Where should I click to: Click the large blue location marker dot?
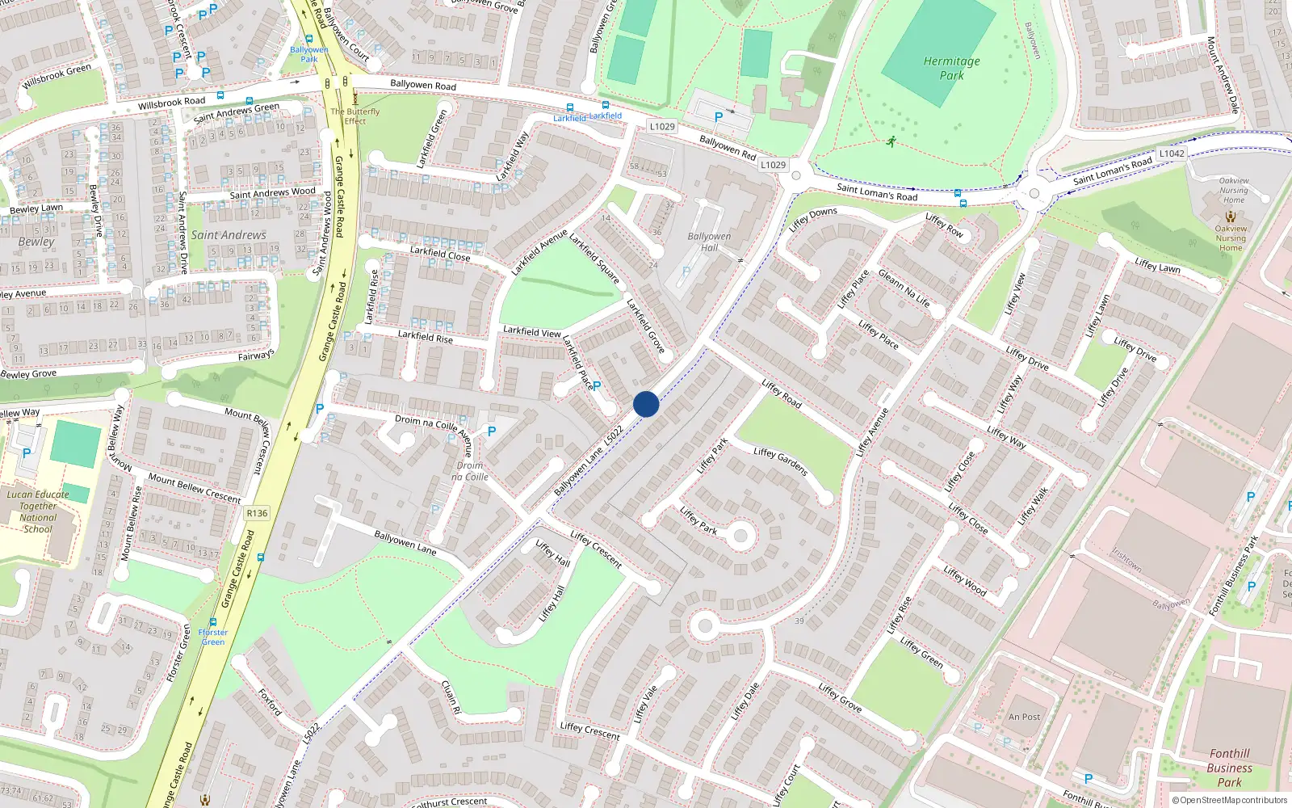click(x=646, y=403)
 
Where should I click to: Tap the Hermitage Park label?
click(x=951, y=68)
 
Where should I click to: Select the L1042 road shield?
click(x=1172, y=154)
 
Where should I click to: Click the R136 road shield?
click(x=257, y=513)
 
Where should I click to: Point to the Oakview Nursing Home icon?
click(x=1231, y=217)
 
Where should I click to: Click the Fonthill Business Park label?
click(x=1229, y=768)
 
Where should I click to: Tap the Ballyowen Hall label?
click(x=709, y=242)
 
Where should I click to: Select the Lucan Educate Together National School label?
click(x=38, y=511)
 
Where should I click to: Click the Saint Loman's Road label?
click(x=877, y=192)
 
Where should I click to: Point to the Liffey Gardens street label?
click(x=780, y=461)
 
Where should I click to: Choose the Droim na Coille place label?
click(x=470, y=471)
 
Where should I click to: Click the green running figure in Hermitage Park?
click(x=891, y=142)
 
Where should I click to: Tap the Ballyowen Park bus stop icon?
click(x=308, y=39)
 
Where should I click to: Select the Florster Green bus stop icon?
click(x=213, y=622)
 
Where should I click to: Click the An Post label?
click(x=1024, y=717)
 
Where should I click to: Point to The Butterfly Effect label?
click(x=354, y=116)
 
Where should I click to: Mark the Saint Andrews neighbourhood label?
click(x=229, y=235)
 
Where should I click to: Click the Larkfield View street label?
click(x=531, y=331)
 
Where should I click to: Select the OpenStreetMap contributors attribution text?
click(x=1230, y=800)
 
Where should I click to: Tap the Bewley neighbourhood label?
click(x=36, y=242)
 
